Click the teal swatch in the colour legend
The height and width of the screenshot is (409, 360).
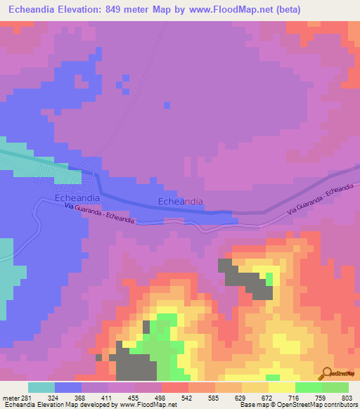(x=41, y=387)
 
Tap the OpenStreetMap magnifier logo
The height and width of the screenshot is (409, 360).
(x=327, y=374)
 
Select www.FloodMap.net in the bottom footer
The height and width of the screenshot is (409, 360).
(x=147, y=405)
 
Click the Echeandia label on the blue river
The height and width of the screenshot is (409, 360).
(x=181, y=202)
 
